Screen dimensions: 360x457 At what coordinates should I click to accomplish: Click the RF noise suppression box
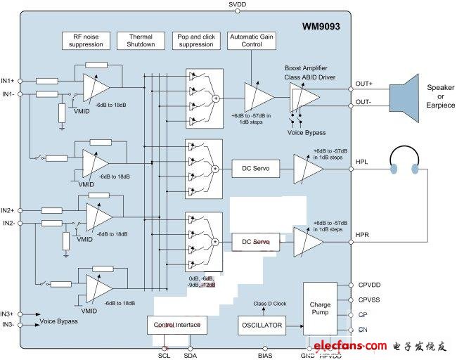pos(86,40)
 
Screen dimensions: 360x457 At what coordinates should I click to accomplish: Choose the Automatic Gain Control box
pos(251,40)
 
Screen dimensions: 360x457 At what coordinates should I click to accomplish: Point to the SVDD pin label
pos(238,5)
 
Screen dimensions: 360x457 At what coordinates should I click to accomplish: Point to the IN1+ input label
pos(8,80)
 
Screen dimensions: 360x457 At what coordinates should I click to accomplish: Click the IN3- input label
pos(8,324)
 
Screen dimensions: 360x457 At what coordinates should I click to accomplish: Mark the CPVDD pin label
pos(368,285)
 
